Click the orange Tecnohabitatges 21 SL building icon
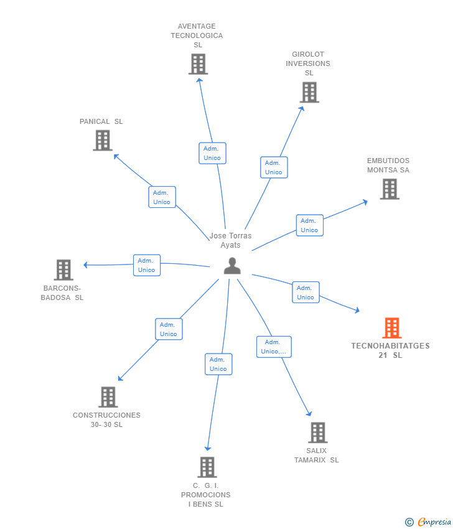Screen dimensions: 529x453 391,328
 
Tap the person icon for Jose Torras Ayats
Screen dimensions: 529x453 232,266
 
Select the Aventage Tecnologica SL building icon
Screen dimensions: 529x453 198,64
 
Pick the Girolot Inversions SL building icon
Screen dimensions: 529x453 309,92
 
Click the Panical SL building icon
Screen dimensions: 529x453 103,140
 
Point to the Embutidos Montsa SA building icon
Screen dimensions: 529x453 390,189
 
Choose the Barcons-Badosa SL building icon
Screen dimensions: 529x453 63,270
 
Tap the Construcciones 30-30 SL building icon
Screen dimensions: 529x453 108,397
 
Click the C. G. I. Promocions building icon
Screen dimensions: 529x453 207,467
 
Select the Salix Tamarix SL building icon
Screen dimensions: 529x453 317,432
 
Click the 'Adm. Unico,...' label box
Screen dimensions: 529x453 274,347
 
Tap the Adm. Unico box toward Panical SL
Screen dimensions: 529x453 162,197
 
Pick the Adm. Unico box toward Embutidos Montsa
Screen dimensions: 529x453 309,225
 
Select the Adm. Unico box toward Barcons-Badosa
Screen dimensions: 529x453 147,265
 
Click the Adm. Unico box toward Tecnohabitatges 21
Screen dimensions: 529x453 306,293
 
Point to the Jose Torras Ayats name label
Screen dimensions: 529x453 231,240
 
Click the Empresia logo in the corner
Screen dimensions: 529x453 428,522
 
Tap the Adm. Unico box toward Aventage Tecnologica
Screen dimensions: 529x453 212,153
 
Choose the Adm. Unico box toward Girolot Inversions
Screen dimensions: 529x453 273,167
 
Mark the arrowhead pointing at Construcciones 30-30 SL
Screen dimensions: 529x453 120,378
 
